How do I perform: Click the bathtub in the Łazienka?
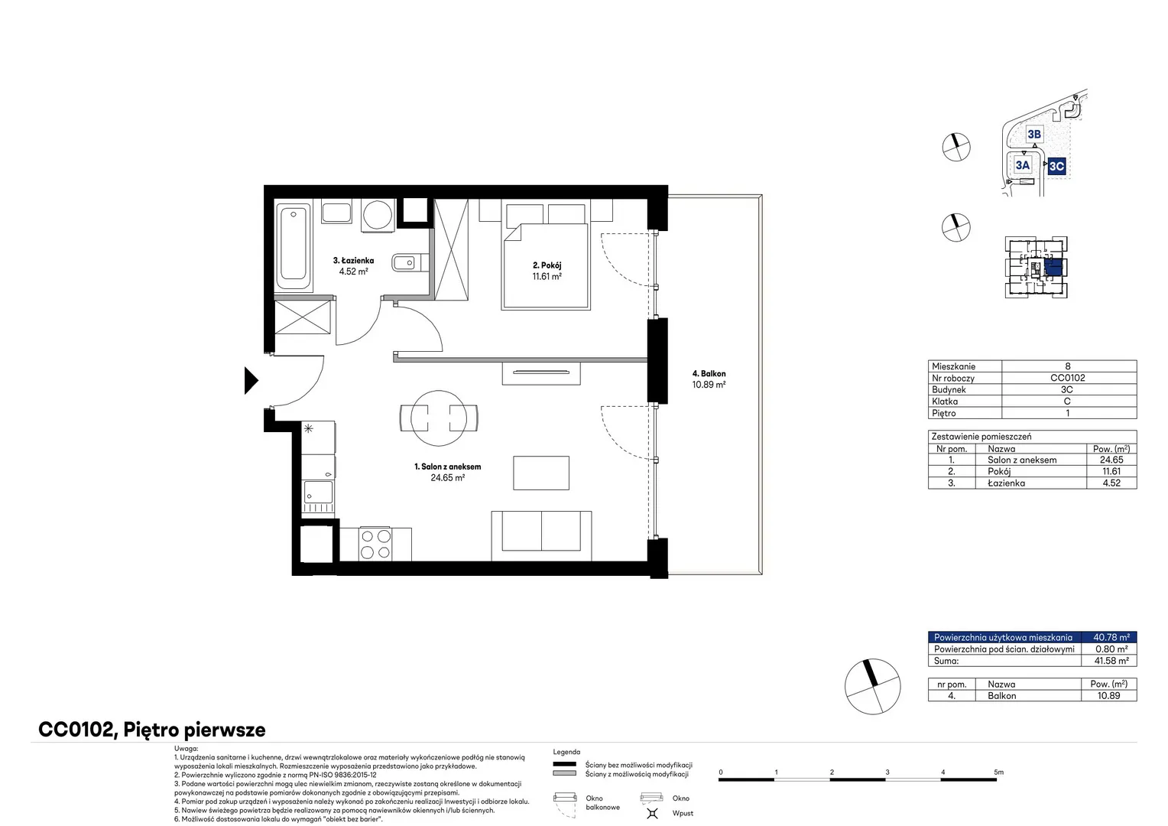(293, 247)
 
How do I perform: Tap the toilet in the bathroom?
(410, 262)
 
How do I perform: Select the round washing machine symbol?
(377, 215)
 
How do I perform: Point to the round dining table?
(439, 418)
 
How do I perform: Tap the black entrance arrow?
(251, 380)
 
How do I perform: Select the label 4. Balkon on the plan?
(709, 373)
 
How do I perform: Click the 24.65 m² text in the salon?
(447, 477)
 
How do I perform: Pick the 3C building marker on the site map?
(1056, 167)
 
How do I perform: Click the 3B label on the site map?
(1034, 135)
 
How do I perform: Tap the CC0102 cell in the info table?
(1067, 378)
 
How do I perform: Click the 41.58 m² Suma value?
(1111, 661)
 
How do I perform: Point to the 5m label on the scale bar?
(998, 772)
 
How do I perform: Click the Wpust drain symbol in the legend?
(652, 813)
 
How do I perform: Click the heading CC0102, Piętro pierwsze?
(152, 730)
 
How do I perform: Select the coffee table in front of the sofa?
(541, 473)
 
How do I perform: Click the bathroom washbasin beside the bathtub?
(336, 213)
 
